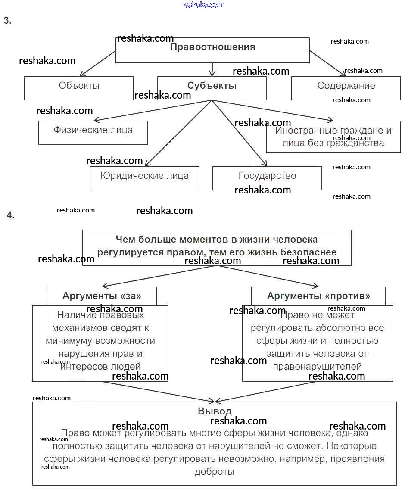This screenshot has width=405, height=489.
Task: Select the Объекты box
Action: [79, 88]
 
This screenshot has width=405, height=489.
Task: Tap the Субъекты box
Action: [212, 88]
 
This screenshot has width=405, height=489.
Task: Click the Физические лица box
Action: [93, 132]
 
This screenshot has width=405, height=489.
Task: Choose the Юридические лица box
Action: [144, 178]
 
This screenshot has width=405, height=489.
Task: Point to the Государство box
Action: [267, 178]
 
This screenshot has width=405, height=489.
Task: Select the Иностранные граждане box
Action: [333, 137]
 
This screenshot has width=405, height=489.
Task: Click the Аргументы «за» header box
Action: [102, 296]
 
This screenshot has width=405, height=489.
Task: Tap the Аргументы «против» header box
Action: [318, 296]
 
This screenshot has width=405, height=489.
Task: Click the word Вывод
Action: [215, 411]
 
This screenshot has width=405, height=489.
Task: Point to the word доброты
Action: [215, 471]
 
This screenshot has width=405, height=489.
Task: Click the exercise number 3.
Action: [7, 21]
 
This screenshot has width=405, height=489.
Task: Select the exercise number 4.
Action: [10, 215]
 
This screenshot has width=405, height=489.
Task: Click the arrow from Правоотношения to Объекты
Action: [98, 63]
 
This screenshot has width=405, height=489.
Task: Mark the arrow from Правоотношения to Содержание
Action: [327, 62]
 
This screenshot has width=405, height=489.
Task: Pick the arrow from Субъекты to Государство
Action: [239, 133]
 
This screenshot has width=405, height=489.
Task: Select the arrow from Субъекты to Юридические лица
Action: [178, 133]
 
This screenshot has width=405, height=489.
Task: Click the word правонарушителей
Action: [317, 367]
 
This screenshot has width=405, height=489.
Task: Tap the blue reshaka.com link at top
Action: [203, 5]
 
